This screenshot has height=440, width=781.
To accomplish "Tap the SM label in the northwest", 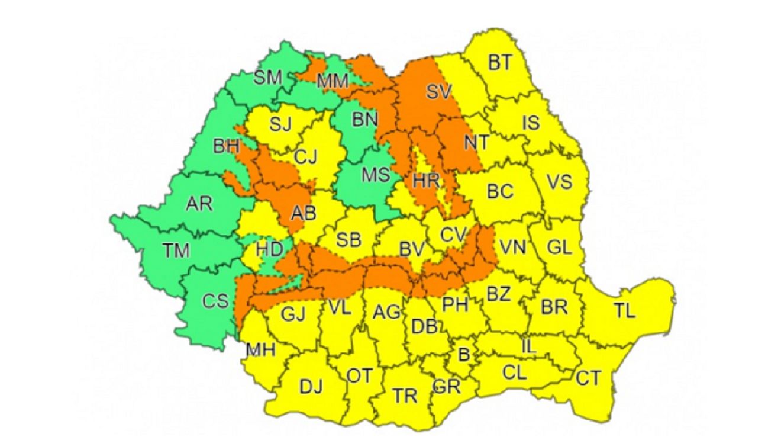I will pyautogui.click(x=267, y=78).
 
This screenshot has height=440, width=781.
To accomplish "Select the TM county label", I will pyautogui.click(x=176, y=250).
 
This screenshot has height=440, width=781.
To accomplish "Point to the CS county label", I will pyautogui.click(x=215, y=301).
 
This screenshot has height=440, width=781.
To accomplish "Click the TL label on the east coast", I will pyautogui.click(x=624, y=310).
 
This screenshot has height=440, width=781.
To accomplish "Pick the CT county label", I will pyautogui.click(x=588, y=378).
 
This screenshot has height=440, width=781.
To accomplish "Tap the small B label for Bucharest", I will pyautogui.click(x=464, y=355).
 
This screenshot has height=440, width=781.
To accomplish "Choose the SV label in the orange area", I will pyautogui.click(x=438, y=91).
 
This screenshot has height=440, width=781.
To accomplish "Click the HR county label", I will pyautogui.click(x=426, y=181).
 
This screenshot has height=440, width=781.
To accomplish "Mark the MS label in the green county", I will pyautogui.click(x=376, y=175).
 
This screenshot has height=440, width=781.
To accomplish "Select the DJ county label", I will pyautogui.click(x=311, y=387).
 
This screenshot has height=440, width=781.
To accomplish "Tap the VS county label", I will pyautogui.click(x=559, y=181).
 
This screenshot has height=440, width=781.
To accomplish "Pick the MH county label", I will pyautogui.click(x=260, y=350).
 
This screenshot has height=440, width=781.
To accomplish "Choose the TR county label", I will pyautogui.click(x=405, y=396).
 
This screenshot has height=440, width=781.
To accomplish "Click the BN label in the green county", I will pyautogui.click(x=364, y=120).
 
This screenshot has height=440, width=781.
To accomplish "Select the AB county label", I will pyautogui.click(x=304, y=213).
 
